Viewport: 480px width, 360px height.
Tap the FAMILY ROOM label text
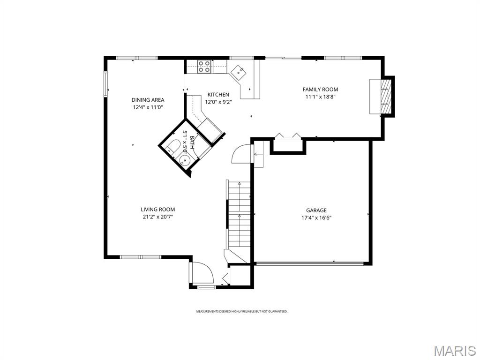[320, 90]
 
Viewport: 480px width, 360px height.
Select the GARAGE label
[316, 210]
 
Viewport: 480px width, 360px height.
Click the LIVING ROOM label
[157, 210]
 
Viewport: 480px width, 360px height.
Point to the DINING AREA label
[148, 100]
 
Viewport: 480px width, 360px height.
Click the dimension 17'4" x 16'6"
[316, 217]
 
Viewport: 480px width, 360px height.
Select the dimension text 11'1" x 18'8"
[320, 97]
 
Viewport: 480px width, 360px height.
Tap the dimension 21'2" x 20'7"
[157, 217]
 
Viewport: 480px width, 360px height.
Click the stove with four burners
[204, 67]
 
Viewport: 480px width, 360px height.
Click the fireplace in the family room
[381, 96]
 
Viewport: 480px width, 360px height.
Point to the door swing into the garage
[242, 154]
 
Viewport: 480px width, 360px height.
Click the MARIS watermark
[454, 351]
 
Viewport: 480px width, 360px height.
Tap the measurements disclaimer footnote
[241, 311]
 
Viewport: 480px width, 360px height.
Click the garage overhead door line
[309, 263]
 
